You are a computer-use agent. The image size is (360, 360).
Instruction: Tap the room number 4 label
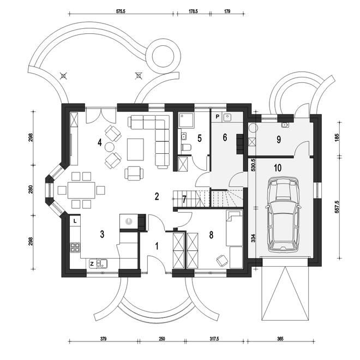click(99, 142)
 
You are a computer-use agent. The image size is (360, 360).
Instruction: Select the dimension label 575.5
click(121, 11)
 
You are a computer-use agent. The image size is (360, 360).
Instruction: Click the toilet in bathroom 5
click(186, 147)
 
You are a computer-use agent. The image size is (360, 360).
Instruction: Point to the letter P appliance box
click(217, 117)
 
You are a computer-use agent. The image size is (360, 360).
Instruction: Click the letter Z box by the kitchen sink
click(92, 264)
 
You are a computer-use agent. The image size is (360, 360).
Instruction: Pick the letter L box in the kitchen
click(75, 221)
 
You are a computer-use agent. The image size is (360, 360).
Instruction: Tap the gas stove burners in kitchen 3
click(75, 248)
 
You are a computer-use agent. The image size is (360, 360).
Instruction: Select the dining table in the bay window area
click(81, 190)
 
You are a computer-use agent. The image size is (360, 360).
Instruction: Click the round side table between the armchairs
click(109, 147)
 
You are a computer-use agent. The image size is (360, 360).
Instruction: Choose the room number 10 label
click(278, 168)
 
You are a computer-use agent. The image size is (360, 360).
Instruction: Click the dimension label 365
click(280, 339)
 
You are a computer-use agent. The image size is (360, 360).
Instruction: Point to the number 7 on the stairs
click(184, 200)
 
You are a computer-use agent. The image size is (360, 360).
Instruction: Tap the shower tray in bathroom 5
click(186, 120)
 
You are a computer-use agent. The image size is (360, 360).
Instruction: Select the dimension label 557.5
click(337, 206)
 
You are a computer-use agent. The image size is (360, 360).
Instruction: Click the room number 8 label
click(211, 235)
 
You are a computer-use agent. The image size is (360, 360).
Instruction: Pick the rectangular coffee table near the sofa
click(135, 149)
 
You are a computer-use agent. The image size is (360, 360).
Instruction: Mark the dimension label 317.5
click(214, 339)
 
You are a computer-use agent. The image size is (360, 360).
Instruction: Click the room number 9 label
click(279, 139)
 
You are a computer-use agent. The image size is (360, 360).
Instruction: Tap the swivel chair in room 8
click(222, 261)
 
